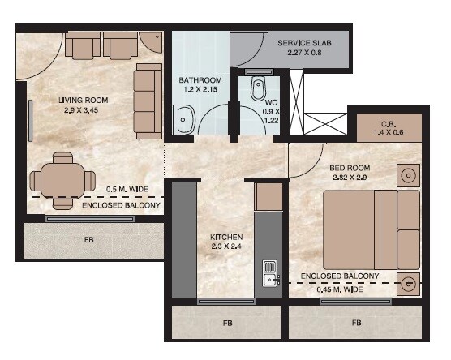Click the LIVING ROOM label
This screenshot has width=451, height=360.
point(83,101)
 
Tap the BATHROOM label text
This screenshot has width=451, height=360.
point(200,80)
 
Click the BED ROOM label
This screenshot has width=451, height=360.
point(350,169)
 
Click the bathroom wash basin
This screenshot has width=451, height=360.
point(183,120)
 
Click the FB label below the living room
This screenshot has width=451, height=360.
point(88,241)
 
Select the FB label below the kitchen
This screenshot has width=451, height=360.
point(226,323)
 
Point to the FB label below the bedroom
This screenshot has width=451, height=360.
point(356,323)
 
